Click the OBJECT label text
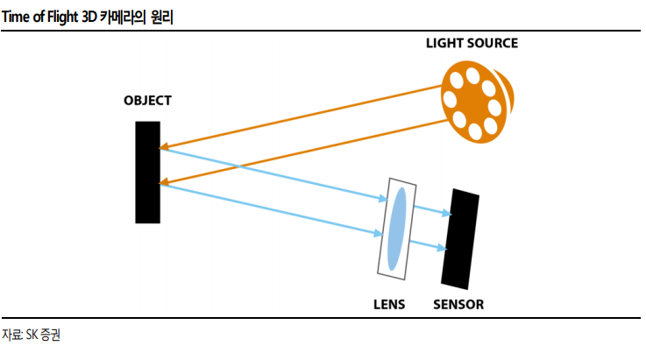(x=147, y=101)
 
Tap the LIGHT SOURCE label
(x=472, y=43)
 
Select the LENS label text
(x=389, y=305)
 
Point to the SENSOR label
(x=458, y=305)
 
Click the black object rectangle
(x=147, y=173)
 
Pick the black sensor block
(x=460, y=239)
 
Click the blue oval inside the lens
(x=397, y=229)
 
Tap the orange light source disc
(x=476, y=102)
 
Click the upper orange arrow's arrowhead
(x=165, y=146)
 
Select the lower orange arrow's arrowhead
(x=165, y=181)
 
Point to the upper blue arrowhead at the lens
(x=384, y=199)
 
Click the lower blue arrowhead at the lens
(x=378, y=234)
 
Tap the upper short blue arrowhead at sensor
(x=447, y=213)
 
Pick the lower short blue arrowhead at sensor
(x=442, y=248)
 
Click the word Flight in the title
(x=62, y=18)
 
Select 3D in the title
(x=89, y=17)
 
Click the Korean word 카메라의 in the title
(x=124, y=18)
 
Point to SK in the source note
(x=32, y=335)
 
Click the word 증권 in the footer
(x=51, y=335)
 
